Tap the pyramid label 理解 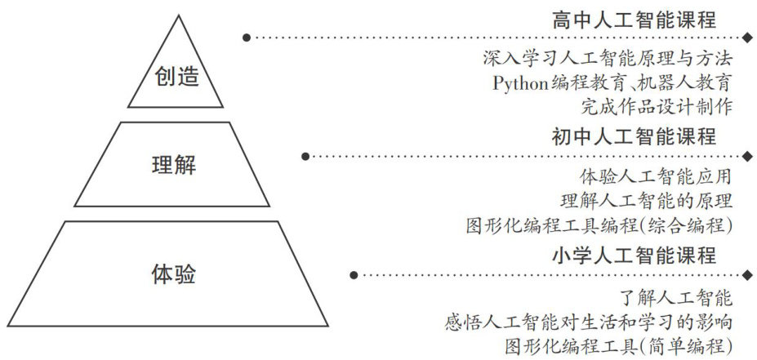[x=175, y=165]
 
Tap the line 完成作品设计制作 [x=656, y=106]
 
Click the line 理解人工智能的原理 [x=646, y=200]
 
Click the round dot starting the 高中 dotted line [x=245, y=38]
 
